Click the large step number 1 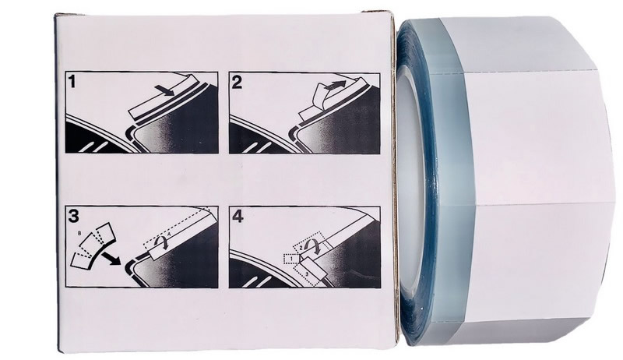pos(72,81)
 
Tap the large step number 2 pos(237,83)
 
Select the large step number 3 pos(74,216)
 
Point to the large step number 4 pos(238,217)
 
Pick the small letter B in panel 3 pos(82,234)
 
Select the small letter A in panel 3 pos(169,235)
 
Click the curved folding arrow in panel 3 pos(162,242)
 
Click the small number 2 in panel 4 pos(301,248)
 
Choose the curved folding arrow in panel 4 pos(312,245)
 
